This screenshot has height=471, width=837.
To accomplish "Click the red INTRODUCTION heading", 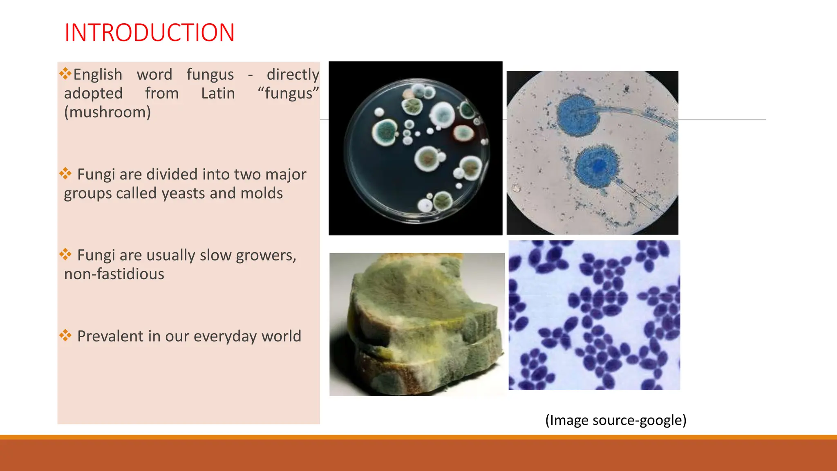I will tap(150, 33).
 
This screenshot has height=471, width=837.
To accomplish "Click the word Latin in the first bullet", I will tap(218, 93).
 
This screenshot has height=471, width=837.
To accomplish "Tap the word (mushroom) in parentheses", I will tap(107, 112).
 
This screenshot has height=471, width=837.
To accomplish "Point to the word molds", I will tap(262, 193).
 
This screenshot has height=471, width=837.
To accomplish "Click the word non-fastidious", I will tap(114, 274).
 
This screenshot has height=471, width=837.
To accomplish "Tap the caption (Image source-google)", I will tap(615, 420).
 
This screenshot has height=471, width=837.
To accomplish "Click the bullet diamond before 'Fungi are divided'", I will tap(65, 173).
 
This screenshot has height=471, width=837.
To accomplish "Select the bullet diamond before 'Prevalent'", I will tap(65, 335).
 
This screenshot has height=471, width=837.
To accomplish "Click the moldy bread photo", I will tap(417, 324).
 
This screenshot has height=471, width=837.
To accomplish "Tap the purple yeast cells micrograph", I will tap(594, 315).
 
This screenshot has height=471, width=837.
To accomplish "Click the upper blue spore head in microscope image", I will tap(578, 115).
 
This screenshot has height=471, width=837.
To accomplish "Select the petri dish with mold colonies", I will tap(416, 149).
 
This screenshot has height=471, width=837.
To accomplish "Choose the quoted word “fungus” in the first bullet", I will tap(288, 93).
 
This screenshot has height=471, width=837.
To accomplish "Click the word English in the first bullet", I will tap(98, 74).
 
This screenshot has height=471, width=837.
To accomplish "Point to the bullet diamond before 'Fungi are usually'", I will tap(65, 254).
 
